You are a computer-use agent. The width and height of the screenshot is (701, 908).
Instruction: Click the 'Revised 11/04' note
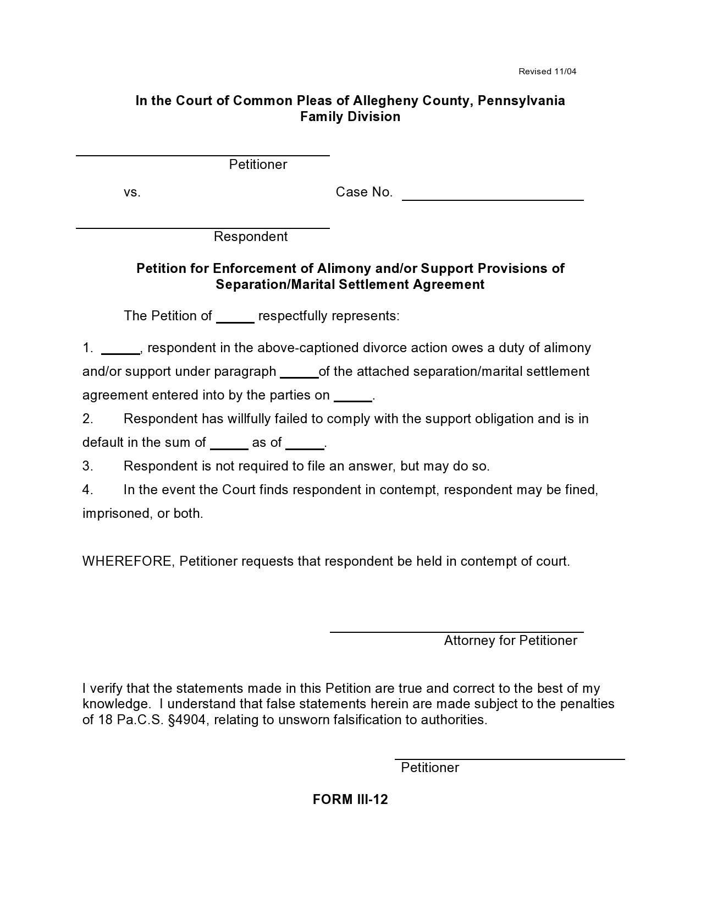548,72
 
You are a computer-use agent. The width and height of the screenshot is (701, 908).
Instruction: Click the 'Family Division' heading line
350,117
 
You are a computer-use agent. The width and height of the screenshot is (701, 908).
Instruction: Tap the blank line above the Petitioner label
202,155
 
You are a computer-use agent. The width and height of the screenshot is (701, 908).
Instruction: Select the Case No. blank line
493,199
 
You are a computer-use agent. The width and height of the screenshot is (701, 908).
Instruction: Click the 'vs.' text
132,192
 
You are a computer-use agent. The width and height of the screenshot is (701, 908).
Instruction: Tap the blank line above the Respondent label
202,227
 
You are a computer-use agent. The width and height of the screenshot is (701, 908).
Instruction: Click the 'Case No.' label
364,192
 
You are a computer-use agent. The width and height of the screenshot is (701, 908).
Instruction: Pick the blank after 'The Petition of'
235,321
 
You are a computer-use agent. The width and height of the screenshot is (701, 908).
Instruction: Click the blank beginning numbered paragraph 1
120,353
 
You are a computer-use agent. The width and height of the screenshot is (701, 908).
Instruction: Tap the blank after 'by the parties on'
353,400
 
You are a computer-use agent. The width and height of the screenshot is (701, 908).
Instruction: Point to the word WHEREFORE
128,561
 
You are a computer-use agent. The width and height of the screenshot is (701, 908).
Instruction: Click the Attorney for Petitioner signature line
456,631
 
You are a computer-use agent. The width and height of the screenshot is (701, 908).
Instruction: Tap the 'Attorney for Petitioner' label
510,641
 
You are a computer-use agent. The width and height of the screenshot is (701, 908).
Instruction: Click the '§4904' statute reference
188,720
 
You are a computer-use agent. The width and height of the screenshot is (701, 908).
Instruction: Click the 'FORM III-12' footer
350,800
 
